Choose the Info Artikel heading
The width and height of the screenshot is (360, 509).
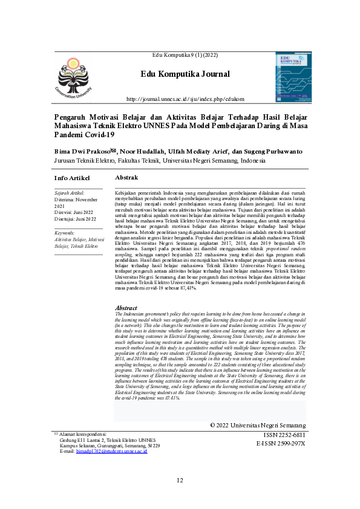[x=72, y=178]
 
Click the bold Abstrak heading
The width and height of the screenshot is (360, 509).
[x=126, y=178]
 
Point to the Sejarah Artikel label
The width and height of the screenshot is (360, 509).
[x=69, y=193]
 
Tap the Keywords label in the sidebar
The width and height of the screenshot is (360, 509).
[x=64, y=233]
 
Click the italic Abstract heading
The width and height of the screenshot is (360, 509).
[x=126, y=308]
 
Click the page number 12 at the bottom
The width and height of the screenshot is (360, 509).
[x=180, y=481]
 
